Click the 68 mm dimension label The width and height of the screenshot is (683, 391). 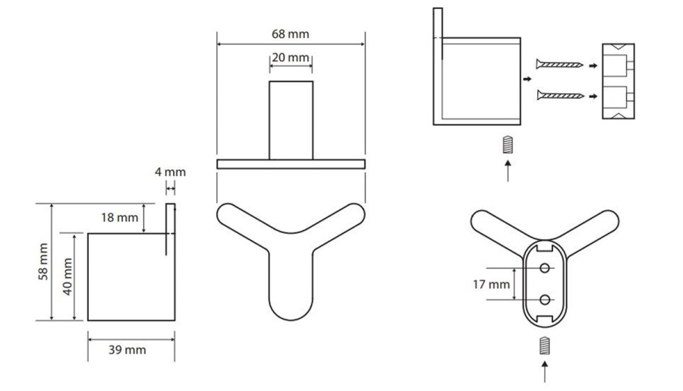tap(290, 34)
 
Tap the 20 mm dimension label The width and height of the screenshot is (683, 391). tap(291, 58)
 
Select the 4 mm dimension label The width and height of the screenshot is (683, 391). tap(170, 172)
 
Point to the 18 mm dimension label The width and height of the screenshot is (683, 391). tap(120, 217)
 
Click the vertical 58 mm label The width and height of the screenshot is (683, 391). tap(43, 261)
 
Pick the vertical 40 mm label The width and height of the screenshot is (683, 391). tap(68, 276)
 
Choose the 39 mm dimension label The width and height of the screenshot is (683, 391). tap(127, 350)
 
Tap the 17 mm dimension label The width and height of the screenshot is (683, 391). tap(491, 285)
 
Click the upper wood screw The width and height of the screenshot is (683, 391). tap(559, 65)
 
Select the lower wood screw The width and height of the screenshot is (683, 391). tap(561, 96)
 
